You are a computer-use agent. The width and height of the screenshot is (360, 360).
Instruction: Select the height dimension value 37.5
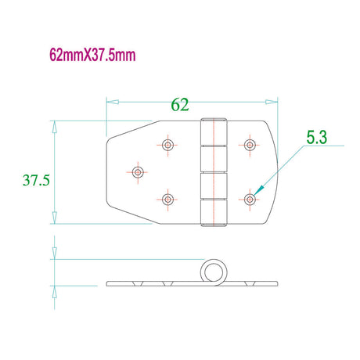pyautogui.click(x=36, y=180)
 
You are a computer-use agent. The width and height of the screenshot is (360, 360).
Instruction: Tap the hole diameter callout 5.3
pyautogui.click(x=316, y=138)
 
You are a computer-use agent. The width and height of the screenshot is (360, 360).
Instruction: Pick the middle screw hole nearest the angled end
pyautogui.click(x=138, y=171)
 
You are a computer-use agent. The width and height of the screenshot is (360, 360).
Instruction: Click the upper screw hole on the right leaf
pyautogui.click(x=250, y=145)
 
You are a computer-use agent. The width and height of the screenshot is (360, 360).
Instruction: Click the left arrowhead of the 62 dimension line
pyautogui.click(x=110, y=101)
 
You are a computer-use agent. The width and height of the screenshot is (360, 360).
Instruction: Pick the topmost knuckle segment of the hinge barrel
pyautogui.click(x=213, y=132)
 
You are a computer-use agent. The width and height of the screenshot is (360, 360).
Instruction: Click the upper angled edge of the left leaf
pyautogui.click(x=129, y=129)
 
